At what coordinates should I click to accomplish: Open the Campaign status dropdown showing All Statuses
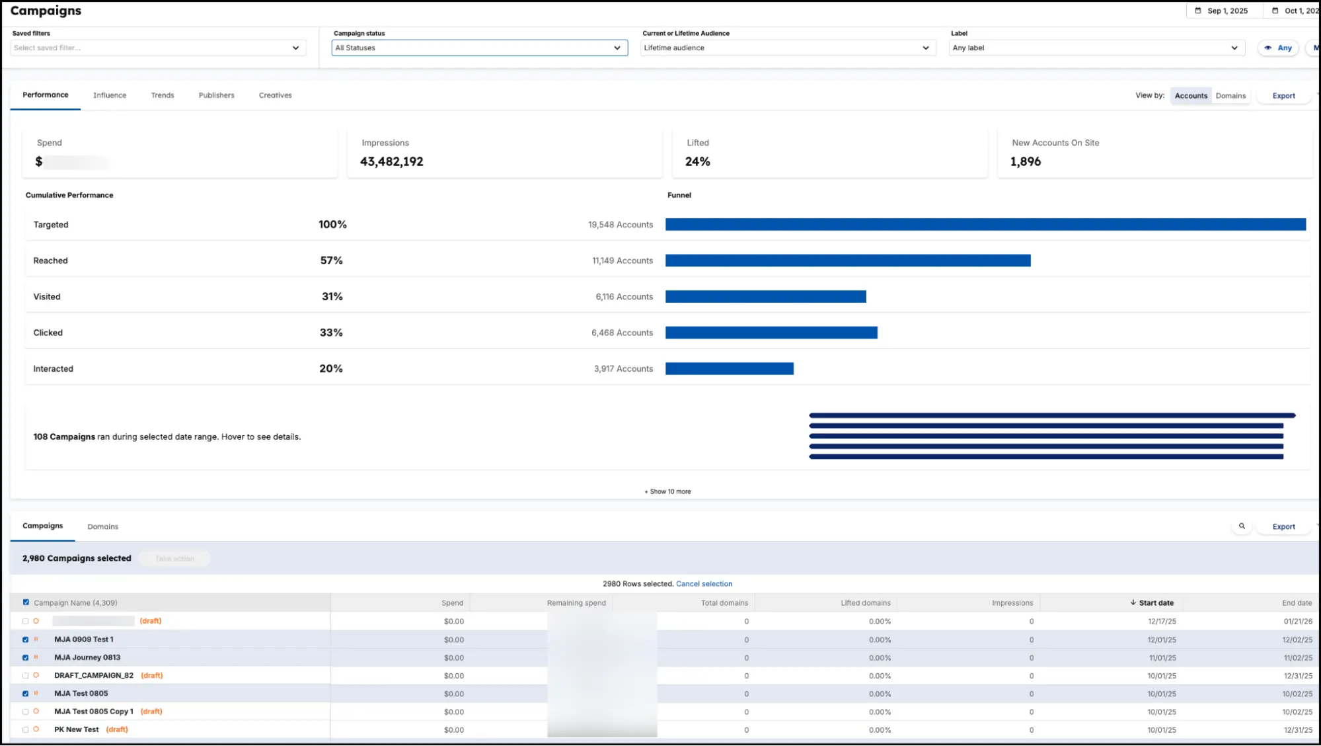[x=479, y=48]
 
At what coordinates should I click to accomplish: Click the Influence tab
[x=110, y=95]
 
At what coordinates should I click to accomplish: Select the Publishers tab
[x=216, y=95]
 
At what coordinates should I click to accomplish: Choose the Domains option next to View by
[x=1230, y=96]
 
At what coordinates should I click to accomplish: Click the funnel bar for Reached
[x=847, y=261]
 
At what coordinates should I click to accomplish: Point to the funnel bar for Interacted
[x=729, y=369]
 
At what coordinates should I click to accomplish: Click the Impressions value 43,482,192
[x=391, y=162]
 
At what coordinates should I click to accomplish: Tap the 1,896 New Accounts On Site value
[x=1025, y=162]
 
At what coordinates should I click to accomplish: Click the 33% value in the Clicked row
[x=331, y=333]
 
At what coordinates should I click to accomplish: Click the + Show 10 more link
[x=667, y=491]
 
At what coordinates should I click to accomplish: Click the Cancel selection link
[x=704, y=584]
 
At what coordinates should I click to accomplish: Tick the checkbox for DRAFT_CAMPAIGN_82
[x=26, y=676]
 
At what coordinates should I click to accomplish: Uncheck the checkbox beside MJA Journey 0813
[x=26, y=658]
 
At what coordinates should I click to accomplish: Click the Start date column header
[x=1155, y=603]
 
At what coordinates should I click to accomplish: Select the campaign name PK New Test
[x=77, y=729]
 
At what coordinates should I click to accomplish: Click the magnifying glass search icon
[x=1242, y=526]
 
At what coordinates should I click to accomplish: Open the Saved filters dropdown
[x=158, y=48]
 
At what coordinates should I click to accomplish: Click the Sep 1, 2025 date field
[x=1227, y=11]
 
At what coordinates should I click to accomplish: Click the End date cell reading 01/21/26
[x=1297, y=622]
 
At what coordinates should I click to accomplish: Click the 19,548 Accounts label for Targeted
[x=620, y=225]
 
